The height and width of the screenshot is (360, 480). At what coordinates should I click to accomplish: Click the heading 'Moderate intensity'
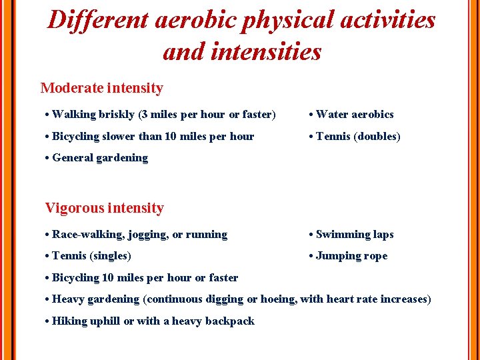pyautogui.click(x=101, y=88)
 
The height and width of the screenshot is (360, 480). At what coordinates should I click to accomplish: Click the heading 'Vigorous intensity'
pyautogui.click(x=104, y=208)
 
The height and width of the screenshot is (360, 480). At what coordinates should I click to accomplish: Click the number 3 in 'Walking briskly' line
pyautogui.click(x=143, y=115)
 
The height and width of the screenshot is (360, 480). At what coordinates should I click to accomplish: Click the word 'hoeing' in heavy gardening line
pyautogui.click(x=277, y=299)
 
